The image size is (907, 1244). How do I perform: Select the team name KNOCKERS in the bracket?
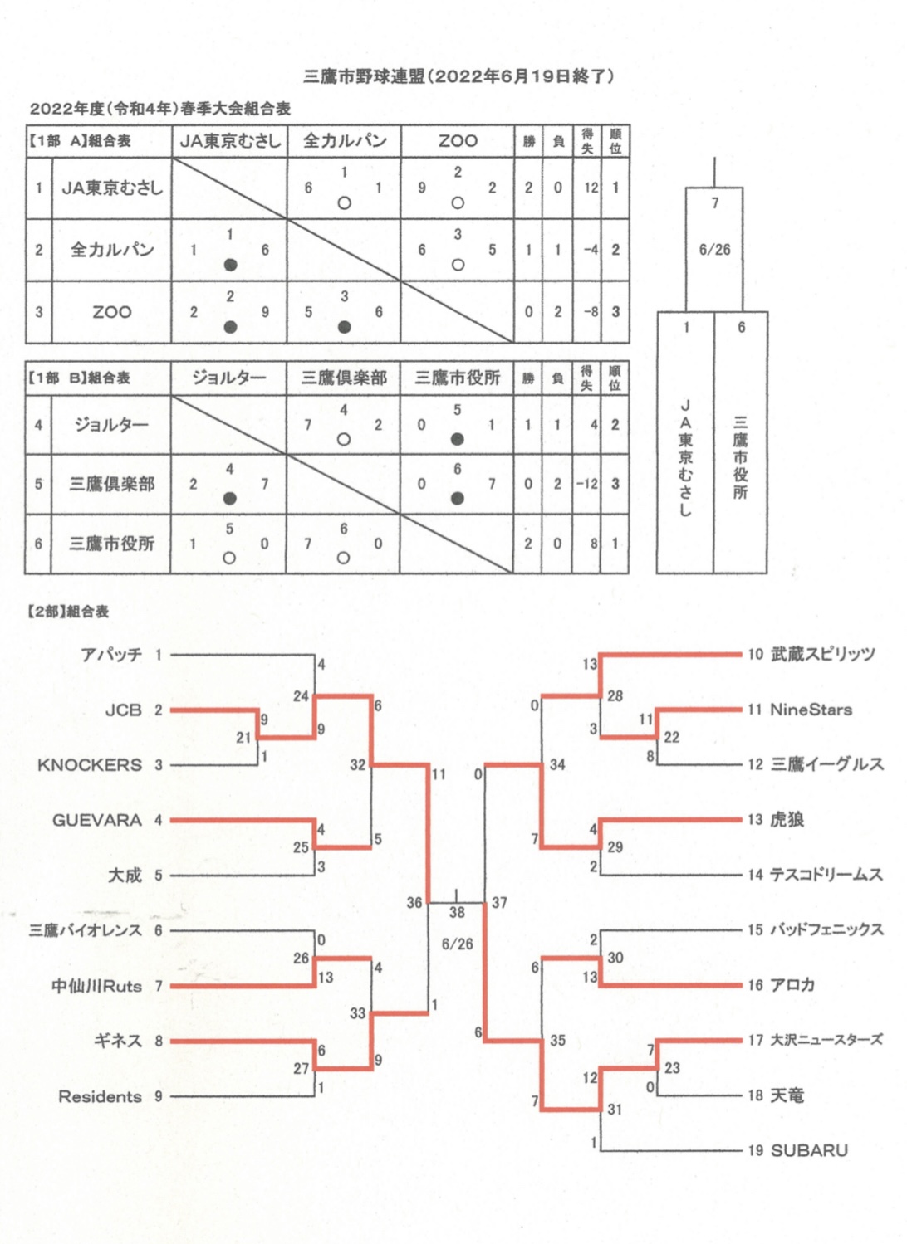coord(90,764)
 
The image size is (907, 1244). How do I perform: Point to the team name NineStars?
coord(811,710)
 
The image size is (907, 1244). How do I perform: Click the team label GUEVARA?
coord(96,820)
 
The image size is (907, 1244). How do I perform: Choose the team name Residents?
coord(100,1097)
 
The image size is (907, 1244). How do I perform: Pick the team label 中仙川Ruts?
coord(96,986)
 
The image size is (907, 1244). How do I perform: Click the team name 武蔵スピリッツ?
coord(822,654)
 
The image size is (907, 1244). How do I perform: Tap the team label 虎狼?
coord(787,820)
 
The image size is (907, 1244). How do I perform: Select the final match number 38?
coord(457,912)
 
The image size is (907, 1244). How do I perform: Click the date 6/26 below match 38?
coord(457,944)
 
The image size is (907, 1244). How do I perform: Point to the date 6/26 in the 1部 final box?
coord(714,250)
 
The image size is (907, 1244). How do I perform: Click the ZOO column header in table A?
coord(458,141)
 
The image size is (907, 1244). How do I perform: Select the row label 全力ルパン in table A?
coord(111,250)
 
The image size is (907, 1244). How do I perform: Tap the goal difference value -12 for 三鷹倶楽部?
coord(587,484)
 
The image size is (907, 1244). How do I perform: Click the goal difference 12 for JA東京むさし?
coord(591,188)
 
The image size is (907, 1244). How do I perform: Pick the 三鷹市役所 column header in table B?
coord(457,378)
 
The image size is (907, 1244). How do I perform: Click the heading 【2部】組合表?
coord(68,612)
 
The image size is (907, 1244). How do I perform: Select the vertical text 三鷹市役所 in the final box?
coord(740,457)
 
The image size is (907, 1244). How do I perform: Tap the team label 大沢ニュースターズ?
coord(826,1040)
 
